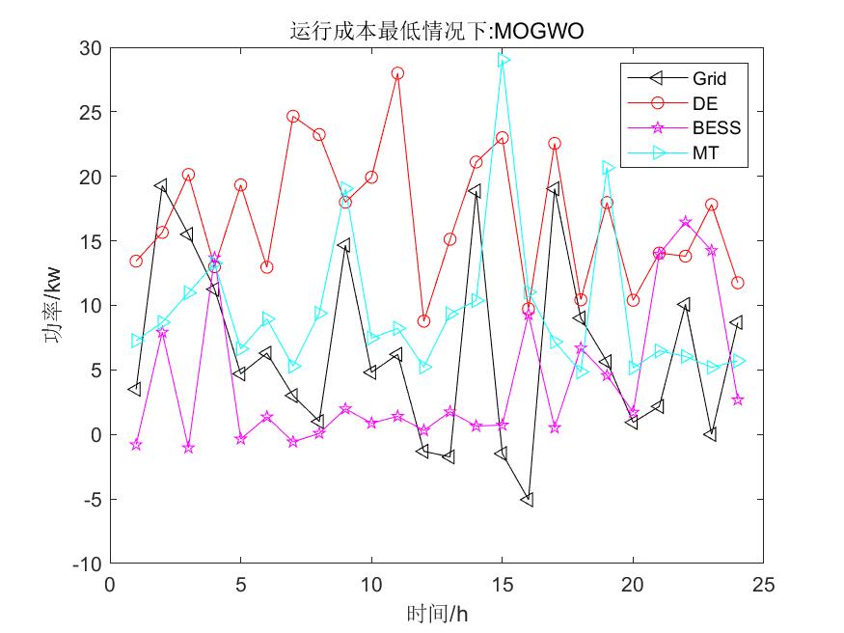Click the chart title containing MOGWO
pos(437,33)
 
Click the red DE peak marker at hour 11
pos(397,73)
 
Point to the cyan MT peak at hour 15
pos(503,61)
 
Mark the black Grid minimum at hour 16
pos(528,500)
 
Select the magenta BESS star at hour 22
pos(685,222)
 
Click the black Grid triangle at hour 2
pos(161,185)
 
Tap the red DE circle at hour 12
pos(423,321)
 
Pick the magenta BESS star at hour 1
pos(136,445)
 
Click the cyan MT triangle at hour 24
pos(738,361)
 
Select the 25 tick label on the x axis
pos(763,585)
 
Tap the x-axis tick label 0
pos(110,585)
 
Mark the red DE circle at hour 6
pos(266,267)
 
